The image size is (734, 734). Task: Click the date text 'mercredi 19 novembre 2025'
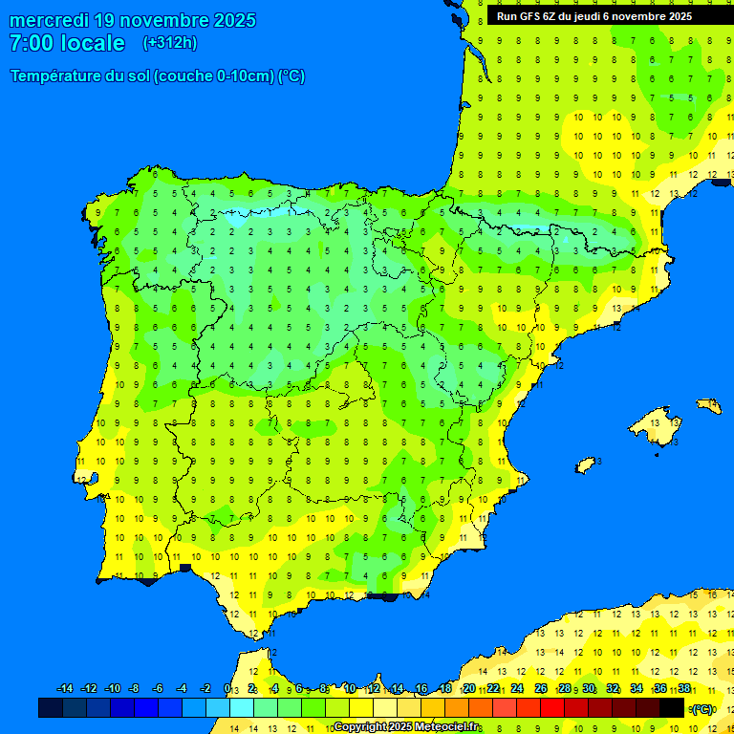point(132,20)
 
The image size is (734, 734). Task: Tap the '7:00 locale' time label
point(67,43)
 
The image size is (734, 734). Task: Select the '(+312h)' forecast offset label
point(169,43)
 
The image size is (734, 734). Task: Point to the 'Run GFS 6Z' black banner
point(594,16)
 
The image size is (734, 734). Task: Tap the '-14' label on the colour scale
point(65,689)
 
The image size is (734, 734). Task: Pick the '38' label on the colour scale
point(684,689)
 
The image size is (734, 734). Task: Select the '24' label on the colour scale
point(517,689)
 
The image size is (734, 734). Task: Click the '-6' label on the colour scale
point(159,689)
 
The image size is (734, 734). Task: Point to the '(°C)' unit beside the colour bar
point(702,709)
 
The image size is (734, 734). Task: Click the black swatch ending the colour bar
point(672,708)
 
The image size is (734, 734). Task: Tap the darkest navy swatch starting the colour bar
point(51,708)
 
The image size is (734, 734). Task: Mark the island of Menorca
point(709,406)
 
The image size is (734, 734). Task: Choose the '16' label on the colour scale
point(421,689)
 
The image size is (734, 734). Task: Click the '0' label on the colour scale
point(227,689)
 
